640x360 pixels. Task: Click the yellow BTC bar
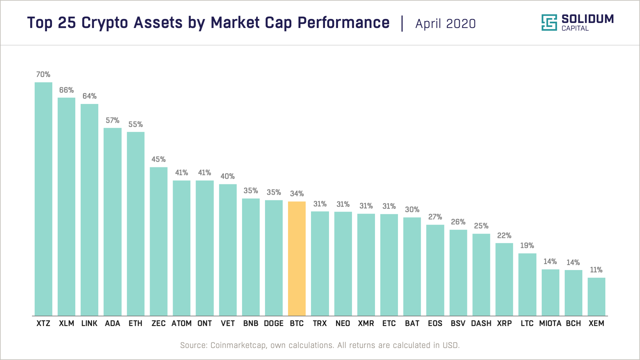[x=297, y=258]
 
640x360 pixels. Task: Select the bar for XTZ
[x=43, y=199]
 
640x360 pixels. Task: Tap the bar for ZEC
[x=159, y=241]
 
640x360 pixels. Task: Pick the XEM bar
[x=596, y=296]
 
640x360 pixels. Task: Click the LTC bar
[x=527, y=284]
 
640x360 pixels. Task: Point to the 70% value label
[x=43, y=74]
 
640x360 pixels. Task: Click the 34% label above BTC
[x=297, y=194]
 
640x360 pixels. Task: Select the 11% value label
[x=596, y=270]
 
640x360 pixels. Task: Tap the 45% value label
[x=159, y=159]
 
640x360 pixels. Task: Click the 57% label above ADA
[x=113, y=120]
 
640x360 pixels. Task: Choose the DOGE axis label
[x=274, y=323]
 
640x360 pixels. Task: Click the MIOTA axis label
[x=550, y=323]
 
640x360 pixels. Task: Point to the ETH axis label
[x=135, y=323]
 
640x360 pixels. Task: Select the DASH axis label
[x=481, y=323]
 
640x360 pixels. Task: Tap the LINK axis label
[x=89, y=323]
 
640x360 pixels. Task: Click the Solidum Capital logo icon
[x=549, y=23]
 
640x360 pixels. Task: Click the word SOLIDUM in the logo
[x=587, y=19]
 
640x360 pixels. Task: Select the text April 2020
[x=445, y=24]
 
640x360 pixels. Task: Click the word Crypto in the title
[x=105, y=23]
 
